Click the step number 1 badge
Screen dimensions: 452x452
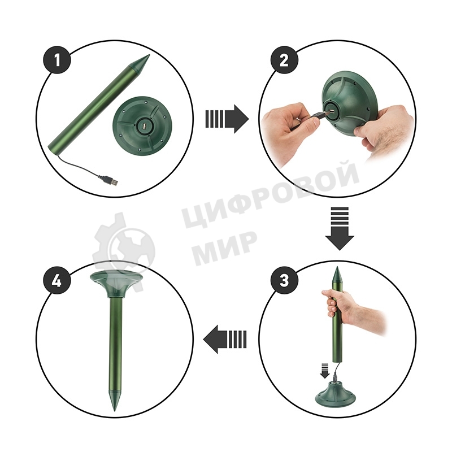tap(57, 60)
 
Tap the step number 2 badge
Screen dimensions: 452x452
tap(284, 60)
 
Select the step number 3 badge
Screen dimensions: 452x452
tap(284, 280)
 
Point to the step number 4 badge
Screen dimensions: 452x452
tap(57, 280)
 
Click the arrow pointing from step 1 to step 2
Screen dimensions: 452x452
tap(227, 119)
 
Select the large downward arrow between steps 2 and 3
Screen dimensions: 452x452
tap(340, 228)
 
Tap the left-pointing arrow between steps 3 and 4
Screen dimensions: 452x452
tap(225, 338)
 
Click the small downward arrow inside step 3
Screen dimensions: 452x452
tap(325, 371)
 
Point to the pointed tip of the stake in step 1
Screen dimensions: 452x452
tap(149, 55)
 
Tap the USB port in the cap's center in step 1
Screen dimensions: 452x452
tap(144, 127)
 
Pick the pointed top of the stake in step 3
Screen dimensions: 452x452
tap(336, 267)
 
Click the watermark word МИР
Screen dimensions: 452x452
tap(225, 246)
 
